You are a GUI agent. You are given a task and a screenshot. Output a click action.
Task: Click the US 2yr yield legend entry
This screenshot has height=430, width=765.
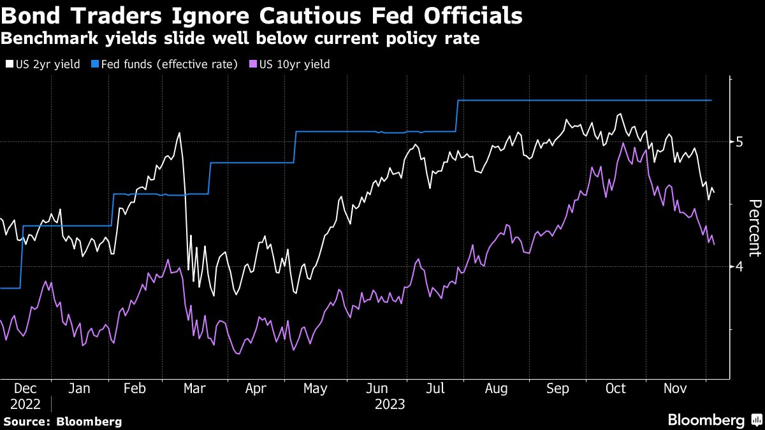[x=43, y=64]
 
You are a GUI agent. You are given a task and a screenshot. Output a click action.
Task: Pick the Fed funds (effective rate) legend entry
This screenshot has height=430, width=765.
[x=164, y=64]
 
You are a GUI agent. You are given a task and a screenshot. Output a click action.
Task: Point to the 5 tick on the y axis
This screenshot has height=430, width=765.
[x=739, y=141]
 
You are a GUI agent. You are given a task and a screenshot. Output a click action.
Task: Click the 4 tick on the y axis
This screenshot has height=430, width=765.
[x=739, y=266]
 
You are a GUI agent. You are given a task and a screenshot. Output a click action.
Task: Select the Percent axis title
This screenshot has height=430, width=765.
[x=754, y=227]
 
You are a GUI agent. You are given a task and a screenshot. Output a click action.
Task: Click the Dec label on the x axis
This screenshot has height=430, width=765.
[x=25, y=389]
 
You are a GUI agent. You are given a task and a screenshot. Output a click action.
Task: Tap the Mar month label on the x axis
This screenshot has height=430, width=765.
[x=194, y=389]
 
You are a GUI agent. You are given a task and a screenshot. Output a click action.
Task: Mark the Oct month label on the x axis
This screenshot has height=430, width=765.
[x=616, y=389]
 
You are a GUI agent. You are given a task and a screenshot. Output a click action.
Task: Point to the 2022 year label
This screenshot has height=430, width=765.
[x=25, y=405]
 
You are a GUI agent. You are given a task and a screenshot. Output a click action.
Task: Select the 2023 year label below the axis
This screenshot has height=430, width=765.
[x=390, y=405]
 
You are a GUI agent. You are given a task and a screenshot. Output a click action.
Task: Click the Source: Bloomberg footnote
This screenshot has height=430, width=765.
[x=62, y=421]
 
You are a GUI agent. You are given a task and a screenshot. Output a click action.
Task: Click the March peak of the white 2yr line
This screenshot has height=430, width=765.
[x=179, y=133]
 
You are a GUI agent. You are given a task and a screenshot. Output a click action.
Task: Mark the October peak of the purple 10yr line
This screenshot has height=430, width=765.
[x=623, y=144]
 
